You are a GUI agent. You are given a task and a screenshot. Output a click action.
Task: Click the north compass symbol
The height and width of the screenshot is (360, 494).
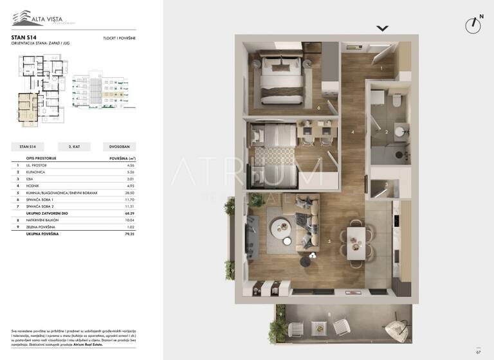point(473,24)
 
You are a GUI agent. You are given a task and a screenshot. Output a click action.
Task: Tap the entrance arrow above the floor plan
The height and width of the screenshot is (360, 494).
point(382,28)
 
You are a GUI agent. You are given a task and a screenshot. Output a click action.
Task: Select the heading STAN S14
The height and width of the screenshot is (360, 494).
point(23,38)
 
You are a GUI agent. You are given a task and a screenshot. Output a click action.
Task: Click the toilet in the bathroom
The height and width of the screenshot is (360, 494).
point(396,100)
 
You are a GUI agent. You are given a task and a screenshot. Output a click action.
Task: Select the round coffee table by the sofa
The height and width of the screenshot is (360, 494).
point(280,227)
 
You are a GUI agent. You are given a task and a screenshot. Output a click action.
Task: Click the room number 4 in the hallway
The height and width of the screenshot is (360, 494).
point(353,132)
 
